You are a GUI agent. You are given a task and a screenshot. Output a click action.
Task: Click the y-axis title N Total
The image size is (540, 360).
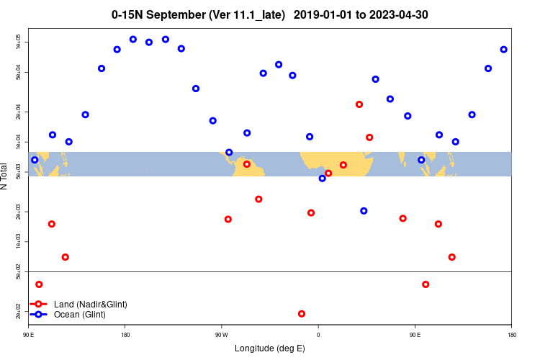5,176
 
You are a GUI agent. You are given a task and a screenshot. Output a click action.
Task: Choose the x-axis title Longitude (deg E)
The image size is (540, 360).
270,349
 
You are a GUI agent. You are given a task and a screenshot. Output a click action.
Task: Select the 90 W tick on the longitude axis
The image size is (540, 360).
221,335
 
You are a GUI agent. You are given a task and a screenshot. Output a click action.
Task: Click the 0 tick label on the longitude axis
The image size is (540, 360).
318,335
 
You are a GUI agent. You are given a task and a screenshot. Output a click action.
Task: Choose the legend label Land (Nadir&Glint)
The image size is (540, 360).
91,305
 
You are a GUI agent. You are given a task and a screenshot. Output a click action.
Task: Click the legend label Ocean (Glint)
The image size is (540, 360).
80,315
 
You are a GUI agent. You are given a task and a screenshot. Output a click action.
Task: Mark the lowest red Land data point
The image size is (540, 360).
302,314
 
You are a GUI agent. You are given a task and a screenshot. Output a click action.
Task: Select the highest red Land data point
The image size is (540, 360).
359,104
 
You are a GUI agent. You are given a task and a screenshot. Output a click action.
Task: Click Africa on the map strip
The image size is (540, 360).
338,161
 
